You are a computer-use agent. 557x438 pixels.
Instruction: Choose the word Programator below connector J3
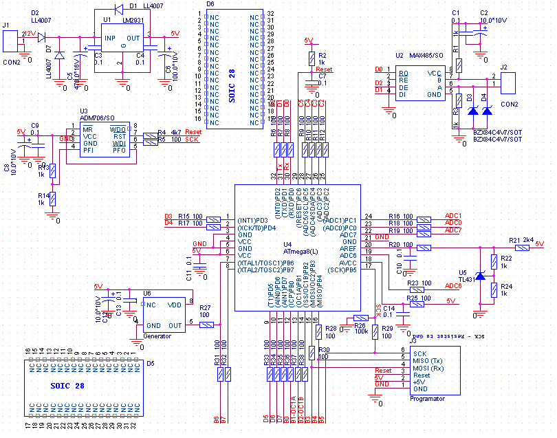coord(427,399)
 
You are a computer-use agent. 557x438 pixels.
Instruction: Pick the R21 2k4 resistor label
coord(522,240)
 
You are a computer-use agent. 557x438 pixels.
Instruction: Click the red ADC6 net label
coord(453,285)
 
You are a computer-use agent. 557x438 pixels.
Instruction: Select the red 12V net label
coord(29,34)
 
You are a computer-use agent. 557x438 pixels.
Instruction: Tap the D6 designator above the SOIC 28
coord(210,4)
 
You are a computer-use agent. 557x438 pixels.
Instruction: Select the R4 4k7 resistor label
coord(170,132)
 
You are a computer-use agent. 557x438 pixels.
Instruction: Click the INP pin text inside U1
coord(109,38)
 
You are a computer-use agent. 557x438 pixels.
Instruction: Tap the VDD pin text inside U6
coord(175,305)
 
